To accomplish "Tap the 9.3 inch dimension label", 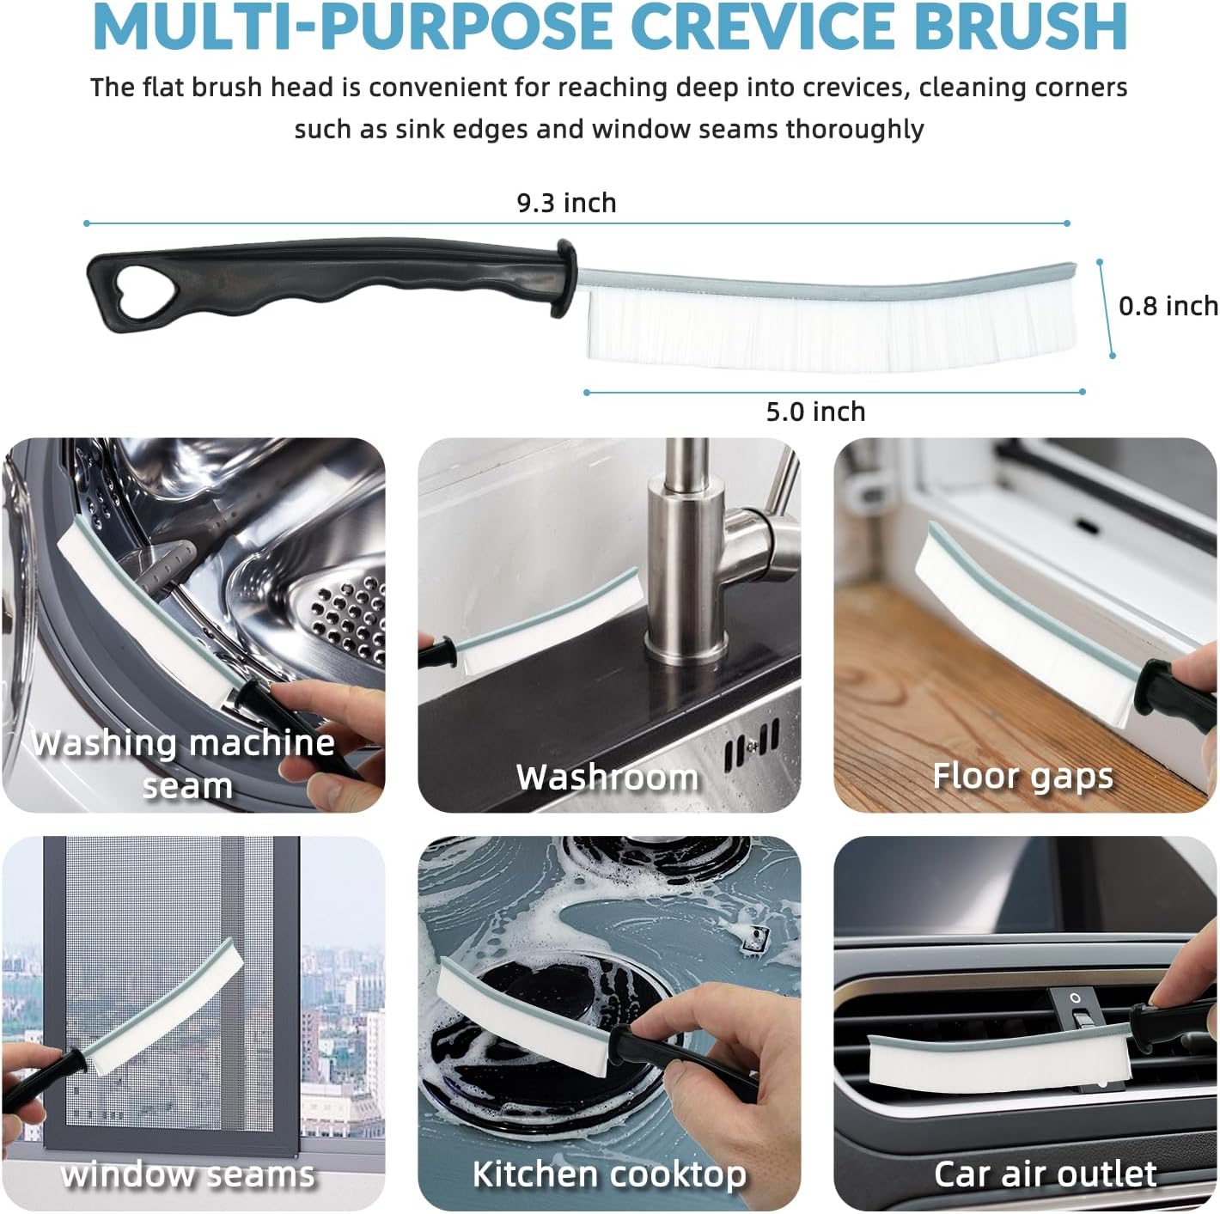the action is pos(567,204).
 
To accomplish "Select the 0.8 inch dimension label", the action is pos(1168,307).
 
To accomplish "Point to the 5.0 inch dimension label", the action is pos(815,412).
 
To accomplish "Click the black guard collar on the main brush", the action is pos(564,278).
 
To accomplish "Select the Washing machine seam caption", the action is pos(184,765).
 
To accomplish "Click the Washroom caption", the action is pos(607,777).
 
